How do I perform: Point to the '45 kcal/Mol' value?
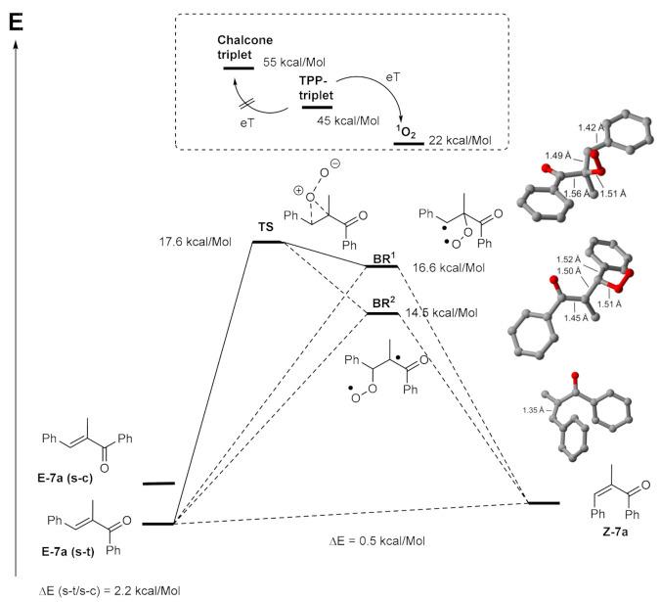tap(374, 121)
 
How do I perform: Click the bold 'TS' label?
tap(265, 227)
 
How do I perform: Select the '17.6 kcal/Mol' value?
tap(205, 242)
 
